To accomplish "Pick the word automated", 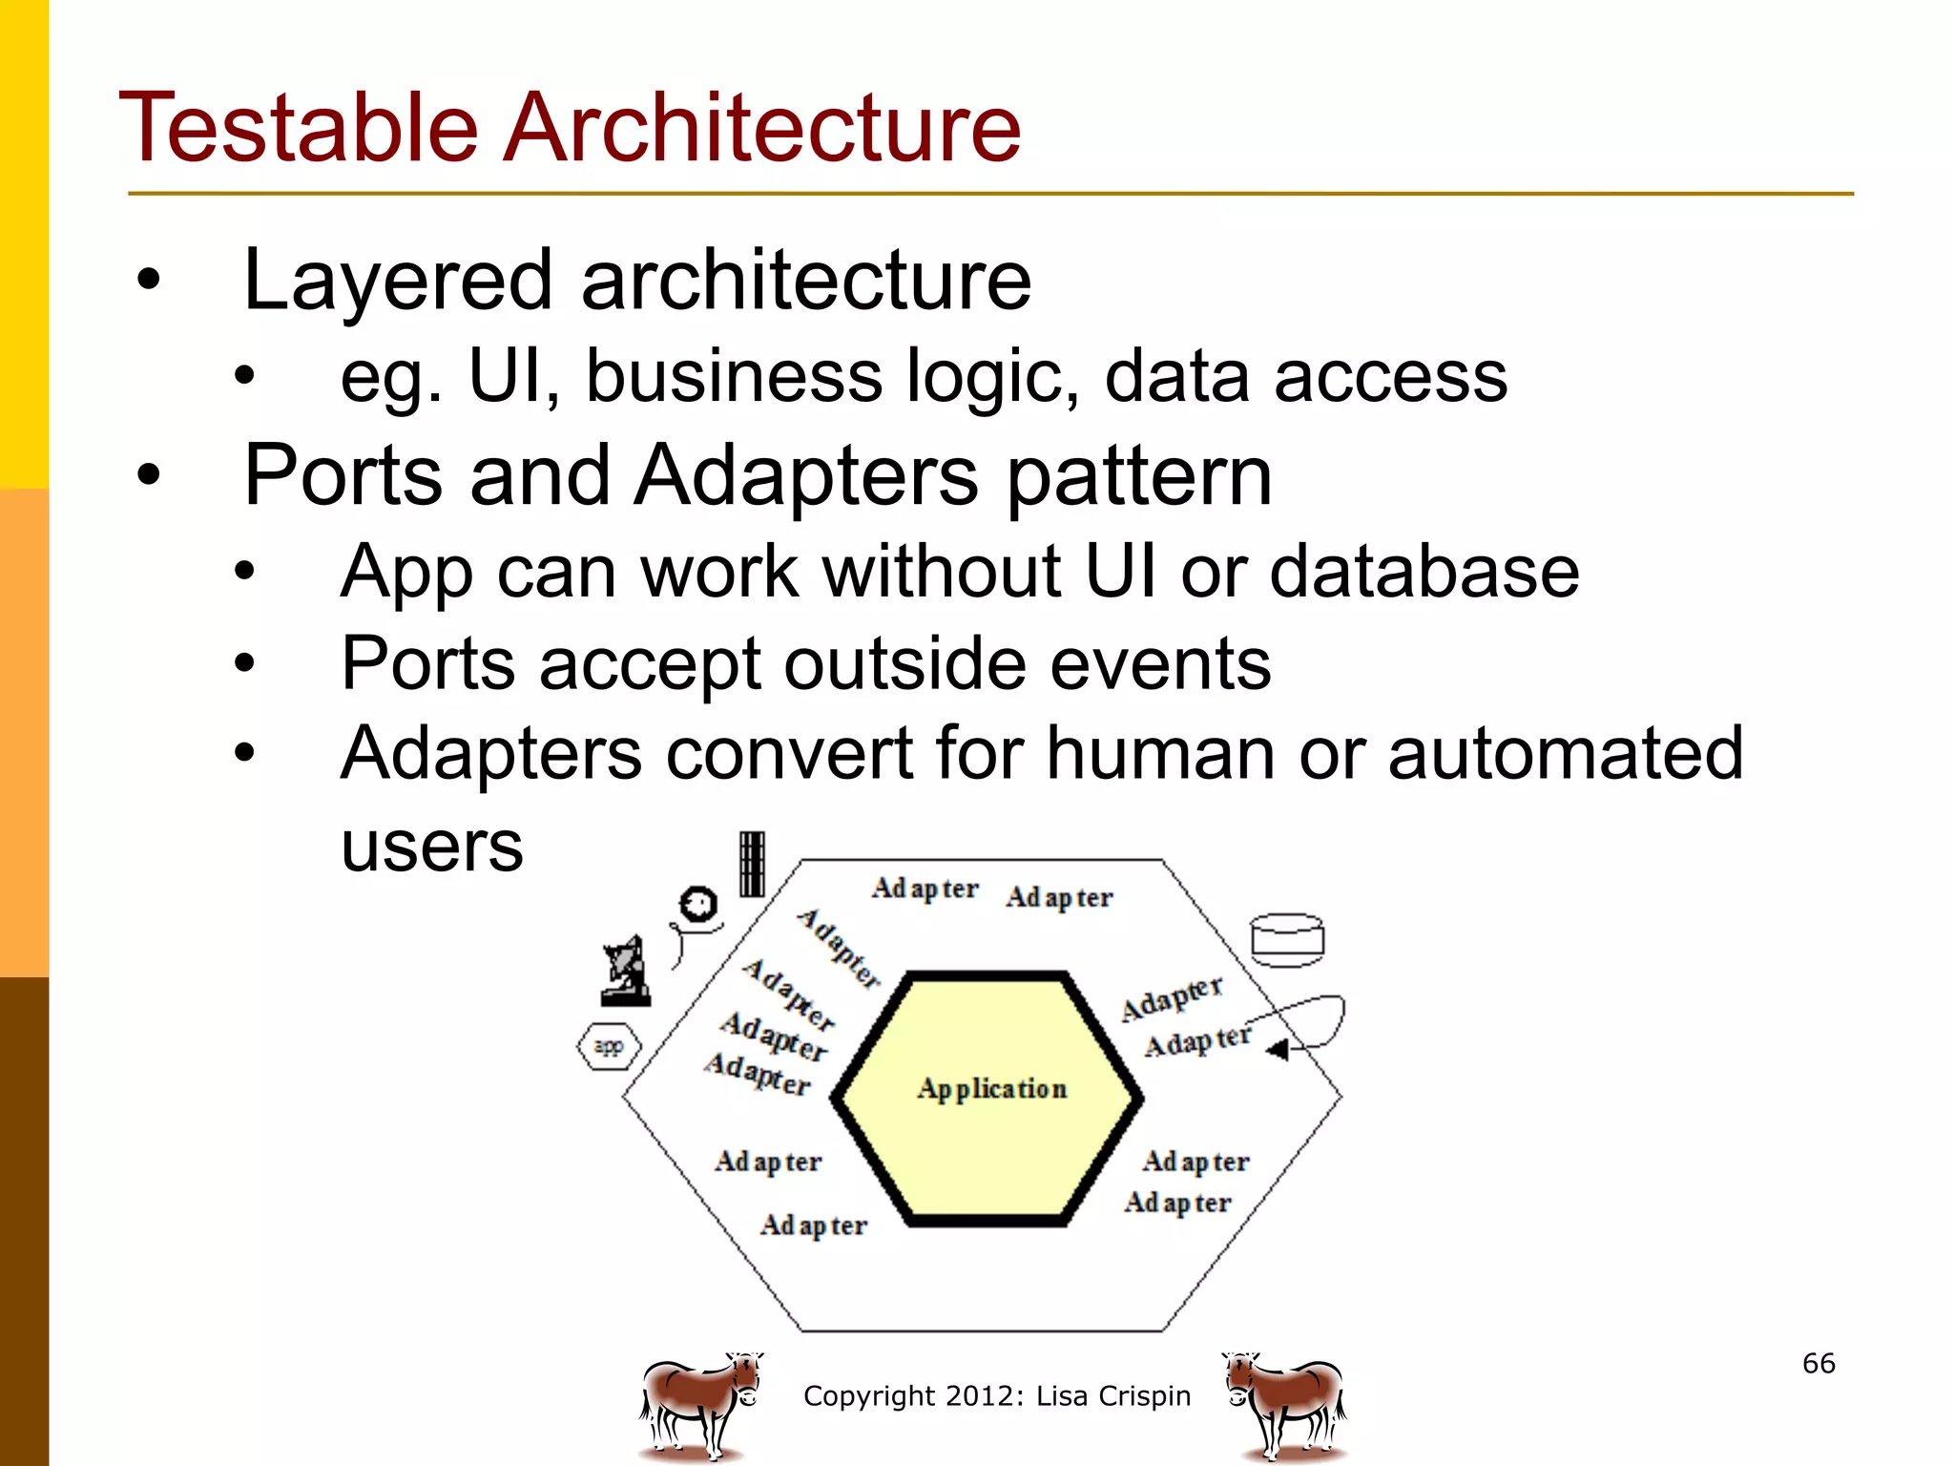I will click(1565, 753).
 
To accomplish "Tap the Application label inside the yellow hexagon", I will click(991, 1089).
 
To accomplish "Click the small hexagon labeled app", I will click(609, 1046).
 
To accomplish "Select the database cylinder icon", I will click(1287, 940).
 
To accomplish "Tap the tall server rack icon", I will click(752, 864).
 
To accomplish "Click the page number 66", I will click(1819, 1363).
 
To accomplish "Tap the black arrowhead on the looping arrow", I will click(1278, 1050).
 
